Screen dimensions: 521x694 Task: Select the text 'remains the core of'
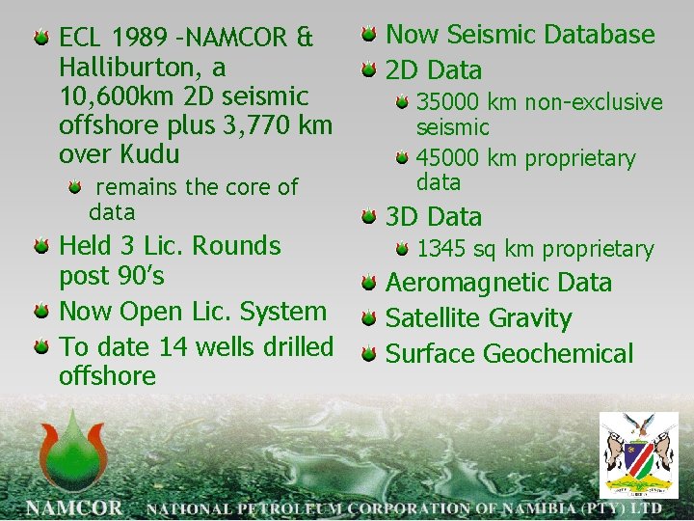click(198, 186)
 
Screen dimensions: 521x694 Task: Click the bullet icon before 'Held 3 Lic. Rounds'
click(41, 247)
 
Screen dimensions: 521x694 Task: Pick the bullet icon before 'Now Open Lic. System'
click(41, 312)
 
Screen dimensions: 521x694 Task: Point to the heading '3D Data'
click(434, 217)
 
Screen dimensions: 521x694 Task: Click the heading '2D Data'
click(434, 70)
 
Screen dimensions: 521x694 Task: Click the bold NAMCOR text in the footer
click(74, 507)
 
